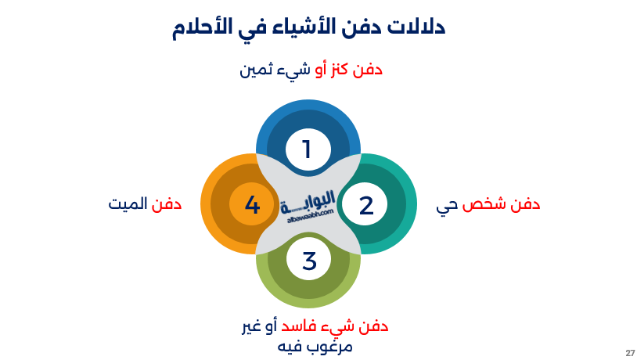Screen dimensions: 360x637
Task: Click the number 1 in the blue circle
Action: click(x=307, y=149)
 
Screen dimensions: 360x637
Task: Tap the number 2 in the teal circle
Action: click(x=366, y=206)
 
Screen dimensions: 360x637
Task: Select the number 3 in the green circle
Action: click(x=309, y=261)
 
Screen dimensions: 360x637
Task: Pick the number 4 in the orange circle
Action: click(x=252, y=206)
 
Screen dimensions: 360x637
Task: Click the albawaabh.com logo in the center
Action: click(x=308, y=207)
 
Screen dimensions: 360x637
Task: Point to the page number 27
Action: click(x=630, y=353)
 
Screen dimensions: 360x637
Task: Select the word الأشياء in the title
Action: click(x=298, y=28)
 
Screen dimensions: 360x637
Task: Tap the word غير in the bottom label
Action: click(x=252, y=326)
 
